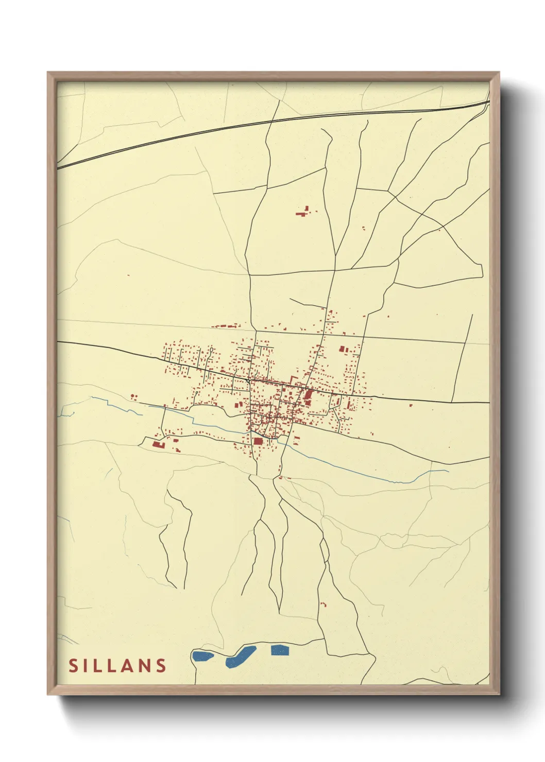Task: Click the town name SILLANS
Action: click(x=117, y=665)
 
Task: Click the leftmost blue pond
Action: click(x=202, y=656)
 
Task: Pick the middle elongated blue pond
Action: click(x=241, y=655)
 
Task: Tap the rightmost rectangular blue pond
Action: click(x=280, y=650)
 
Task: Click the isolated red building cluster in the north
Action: click(x=304, y=211)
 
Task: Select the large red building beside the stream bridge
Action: click(x=258, y=441)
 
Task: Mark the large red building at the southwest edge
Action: click(x=158, y=444)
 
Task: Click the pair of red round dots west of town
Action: click(x=134, y=396)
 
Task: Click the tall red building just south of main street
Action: click(x=309, y=395)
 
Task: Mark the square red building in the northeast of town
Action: click(x=342, y=350)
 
